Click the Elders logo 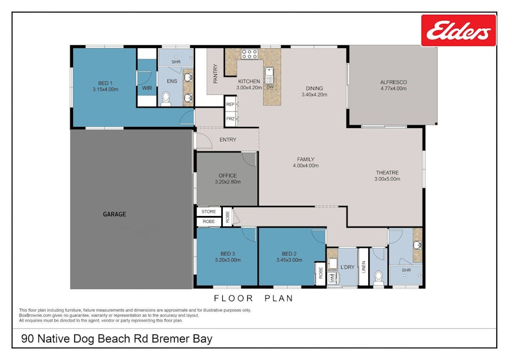[458, 30]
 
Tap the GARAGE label [114, 214]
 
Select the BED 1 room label [105, 83]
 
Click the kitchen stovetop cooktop [249, 53]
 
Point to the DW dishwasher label [270, 87]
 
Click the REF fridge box [230, 105]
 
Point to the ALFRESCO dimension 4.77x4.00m [393, 89]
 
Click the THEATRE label [387, 172]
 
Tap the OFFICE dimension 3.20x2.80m [228, 182]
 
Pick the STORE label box [208, 212]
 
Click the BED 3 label [228, 253]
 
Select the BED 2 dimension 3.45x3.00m [289, 260]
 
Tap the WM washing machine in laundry [332, 277]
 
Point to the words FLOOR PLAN [253, 298]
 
